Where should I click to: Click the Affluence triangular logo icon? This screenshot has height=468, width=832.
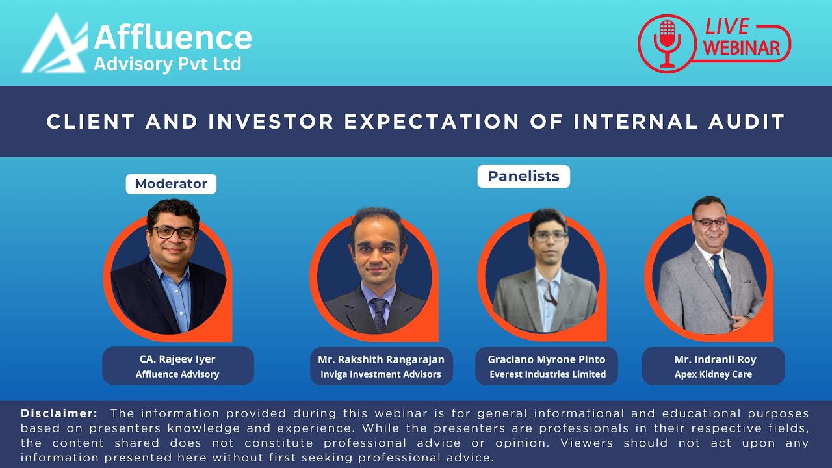(55, 45)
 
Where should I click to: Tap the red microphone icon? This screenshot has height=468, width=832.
(666, 43)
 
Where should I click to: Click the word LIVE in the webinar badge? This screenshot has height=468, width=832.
(727, 27)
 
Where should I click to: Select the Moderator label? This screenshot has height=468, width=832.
(171, 184)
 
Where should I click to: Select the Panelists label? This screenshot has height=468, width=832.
(523, 176)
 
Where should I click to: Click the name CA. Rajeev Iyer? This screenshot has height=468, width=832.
(177, 359)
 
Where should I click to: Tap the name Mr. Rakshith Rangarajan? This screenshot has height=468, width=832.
(381, 359)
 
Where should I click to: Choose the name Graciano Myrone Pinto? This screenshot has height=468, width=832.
(547, 359)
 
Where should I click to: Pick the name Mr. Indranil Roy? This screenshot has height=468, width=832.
(713, 359)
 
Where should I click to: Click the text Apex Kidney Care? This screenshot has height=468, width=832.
(713, 374)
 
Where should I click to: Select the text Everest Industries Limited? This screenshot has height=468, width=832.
(547, 374)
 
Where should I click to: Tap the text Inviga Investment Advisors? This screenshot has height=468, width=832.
(381, 374)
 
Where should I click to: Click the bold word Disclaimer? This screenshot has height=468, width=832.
(59, 413)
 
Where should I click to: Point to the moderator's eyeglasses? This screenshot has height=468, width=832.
(174, 232)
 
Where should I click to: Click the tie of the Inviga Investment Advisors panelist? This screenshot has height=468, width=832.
(380, 312)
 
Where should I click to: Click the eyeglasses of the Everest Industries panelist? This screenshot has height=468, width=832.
(549, 237)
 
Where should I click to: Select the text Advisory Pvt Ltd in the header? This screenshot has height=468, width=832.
(167, 64)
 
